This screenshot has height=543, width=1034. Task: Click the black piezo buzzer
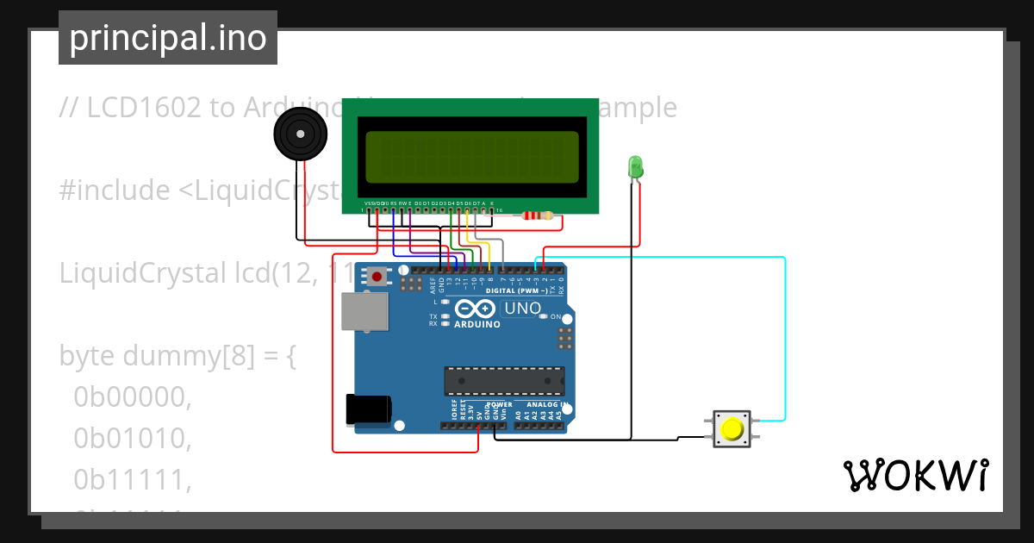[x=301, y=135]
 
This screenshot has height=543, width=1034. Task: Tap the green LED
[x=636, y=167]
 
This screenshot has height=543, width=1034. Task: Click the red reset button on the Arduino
[x=377, y=277]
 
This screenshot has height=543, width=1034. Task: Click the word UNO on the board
[x=522, y=309]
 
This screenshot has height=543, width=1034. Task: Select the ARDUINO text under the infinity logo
[x=476, y=325]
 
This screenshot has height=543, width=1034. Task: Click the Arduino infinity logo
[x=476, y=309]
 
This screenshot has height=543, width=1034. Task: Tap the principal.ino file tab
[x=168, y=38]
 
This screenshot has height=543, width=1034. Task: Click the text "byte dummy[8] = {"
[x=178, y=356]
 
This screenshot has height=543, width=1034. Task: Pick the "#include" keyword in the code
[x=115, y=190]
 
